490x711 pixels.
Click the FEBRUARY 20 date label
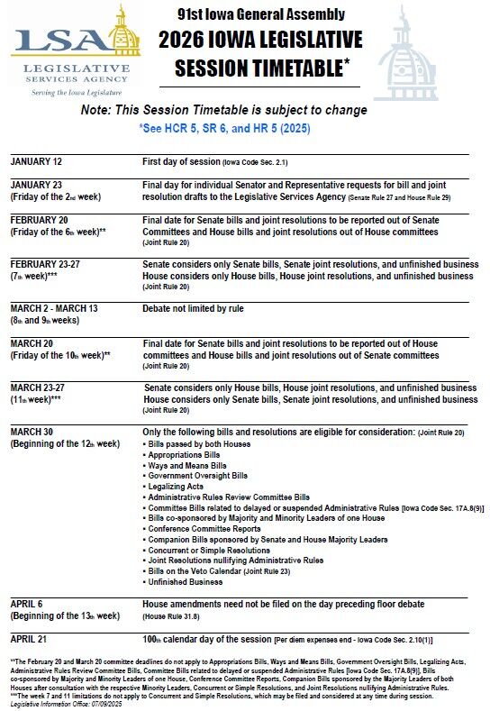(x=40, y=220)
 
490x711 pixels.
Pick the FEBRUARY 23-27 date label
(x=47, y=264)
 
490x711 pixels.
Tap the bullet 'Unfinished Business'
(x=188, y=582)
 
